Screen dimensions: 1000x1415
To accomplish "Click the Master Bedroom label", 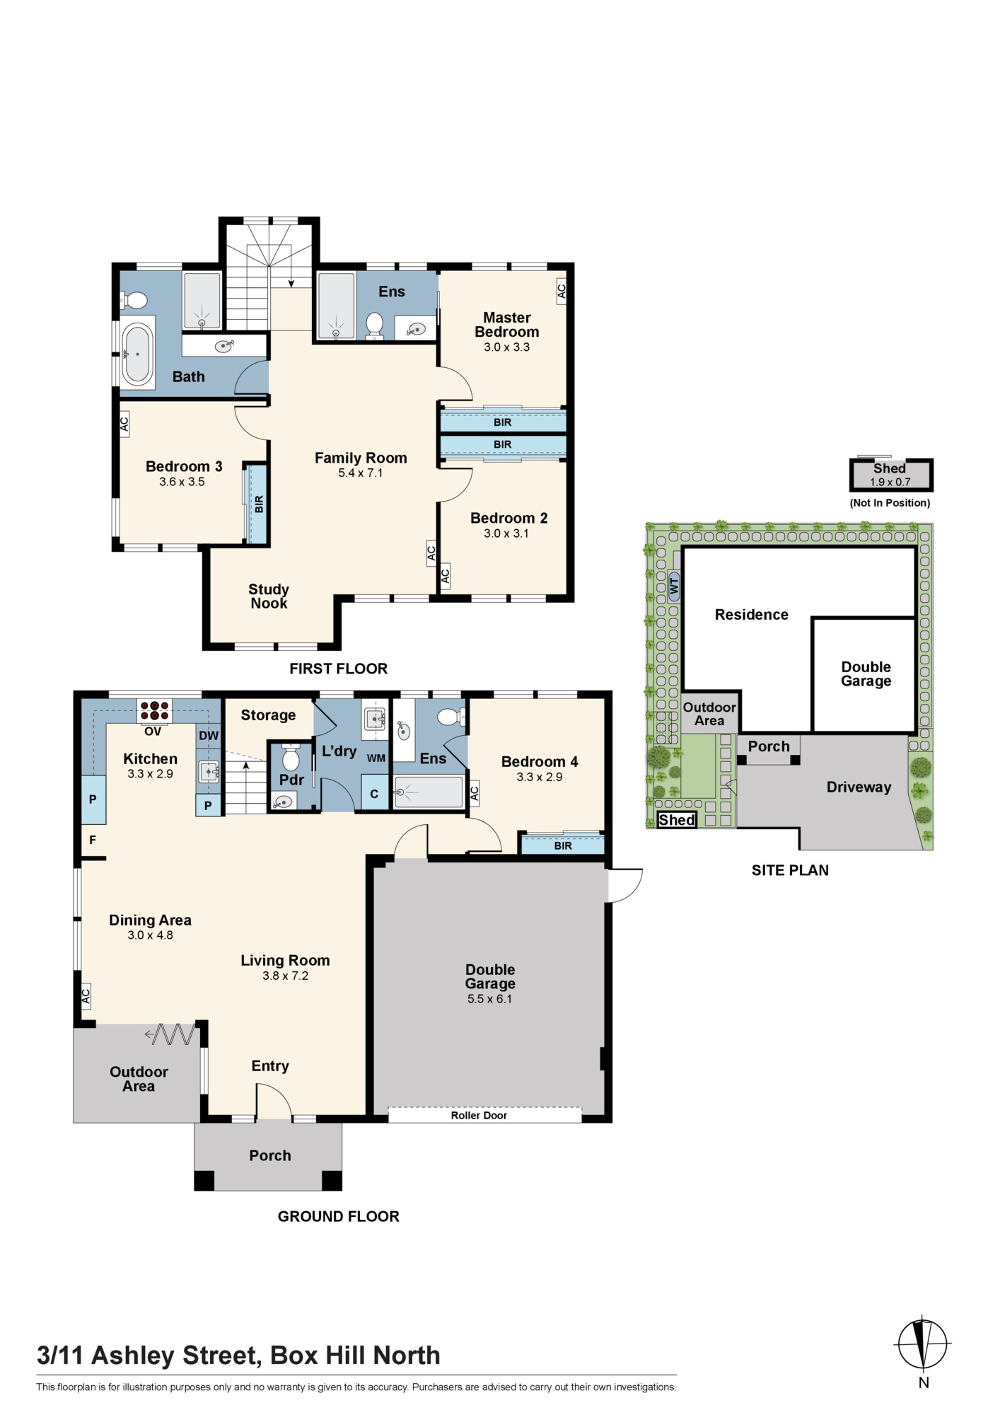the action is click(x=507, y=325).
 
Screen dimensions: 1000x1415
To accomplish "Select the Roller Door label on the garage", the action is click(x=479, y=1116).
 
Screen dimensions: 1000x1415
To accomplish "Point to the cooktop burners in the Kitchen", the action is click(x=154, y=710).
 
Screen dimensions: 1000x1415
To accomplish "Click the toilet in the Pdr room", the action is click(x=291, y=759).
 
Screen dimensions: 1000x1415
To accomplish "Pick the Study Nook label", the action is click(x=269, y=596).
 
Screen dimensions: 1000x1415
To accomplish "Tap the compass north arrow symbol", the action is click(x=923, y=1344).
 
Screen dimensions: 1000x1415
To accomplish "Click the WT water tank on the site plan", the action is click(x=674, y=586).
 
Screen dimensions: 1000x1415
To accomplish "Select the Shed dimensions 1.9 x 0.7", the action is click(x=890, y=483).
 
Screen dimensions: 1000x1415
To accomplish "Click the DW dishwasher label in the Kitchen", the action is click(x=209, y=736).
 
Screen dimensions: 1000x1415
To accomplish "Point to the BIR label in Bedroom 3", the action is click(x=259, y=504).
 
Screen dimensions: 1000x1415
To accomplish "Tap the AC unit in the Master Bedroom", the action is click(x=562, y=290).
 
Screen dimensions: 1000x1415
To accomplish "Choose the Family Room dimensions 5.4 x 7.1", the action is click(x=361, y=473).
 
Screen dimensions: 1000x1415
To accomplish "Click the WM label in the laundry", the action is click(x=376, y=758).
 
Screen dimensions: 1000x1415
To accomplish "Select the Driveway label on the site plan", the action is click(x=859, y=787).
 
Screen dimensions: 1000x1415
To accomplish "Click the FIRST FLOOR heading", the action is click(x=339, y=669).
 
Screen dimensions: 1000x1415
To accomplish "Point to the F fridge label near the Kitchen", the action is click(x=93, y=841).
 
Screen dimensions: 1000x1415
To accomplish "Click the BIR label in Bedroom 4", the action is click(x=563, y=846).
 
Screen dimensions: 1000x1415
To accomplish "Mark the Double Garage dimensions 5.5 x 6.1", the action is click(x=489, y=999).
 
